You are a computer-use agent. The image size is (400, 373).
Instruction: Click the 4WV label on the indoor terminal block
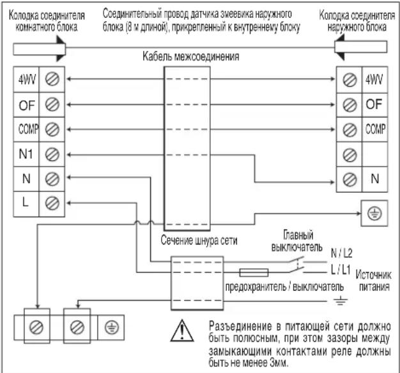(27, 80)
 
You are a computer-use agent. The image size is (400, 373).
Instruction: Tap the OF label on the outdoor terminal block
(374, 104)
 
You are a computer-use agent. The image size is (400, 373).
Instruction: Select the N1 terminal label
(26, 155)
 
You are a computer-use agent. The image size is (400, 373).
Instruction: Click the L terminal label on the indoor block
(26, 202)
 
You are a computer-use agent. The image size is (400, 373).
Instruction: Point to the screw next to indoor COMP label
(52, 129)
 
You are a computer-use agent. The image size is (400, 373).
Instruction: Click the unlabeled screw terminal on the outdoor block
(350, 155)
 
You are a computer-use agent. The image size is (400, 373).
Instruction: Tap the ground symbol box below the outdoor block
(374, 213)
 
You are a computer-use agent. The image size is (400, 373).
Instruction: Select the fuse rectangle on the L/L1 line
(254, 273)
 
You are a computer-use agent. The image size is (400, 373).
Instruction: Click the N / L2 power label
(341, 253)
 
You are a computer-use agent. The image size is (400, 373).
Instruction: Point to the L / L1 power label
(341, 270)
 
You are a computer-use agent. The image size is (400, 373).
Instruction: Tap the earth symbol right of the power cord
(341, 301)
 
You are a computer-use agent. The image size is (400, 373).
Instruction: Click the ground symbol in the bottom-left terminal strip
(111, 328)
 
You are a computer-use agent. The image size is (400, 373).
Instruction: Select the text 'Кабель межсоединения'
(191, 56)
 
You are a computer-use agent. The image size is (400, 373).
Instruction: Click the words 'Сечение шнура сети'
(199, 240)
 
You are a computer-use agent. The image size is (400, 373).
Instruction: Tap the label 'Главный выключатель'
(297, 241)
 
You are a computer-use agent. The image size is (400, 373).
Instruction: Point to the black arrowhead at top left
(61, 49)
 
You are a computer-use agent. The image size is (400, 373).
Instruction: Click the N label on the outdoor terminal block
(374, 179)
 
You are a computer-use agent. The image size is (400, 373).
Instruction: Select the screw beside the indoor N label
(52, 179)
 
